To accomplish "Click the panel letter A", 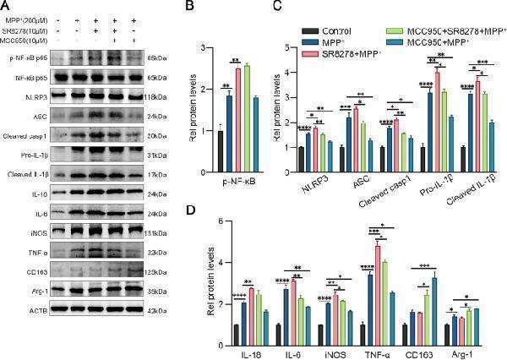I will tap(5, 6).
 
